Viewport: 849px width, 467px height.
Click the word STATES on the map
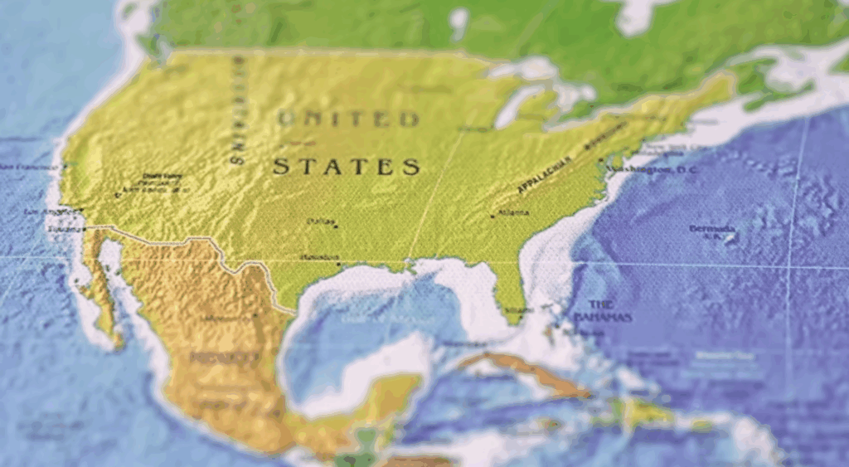click(x=347, y=167)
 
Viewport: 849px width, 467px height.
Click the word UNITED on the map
click(x=348, y=119)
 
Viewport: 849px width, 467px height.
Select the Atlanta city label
click(x=515, y=212)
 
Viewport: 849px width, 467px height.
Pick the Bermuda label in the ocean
click(x=711, y=228)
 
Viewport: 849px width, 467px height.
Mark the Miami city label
click(x=519, y=310)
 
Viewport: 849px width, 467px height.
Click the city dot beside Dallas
click(x=336, y=226)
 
